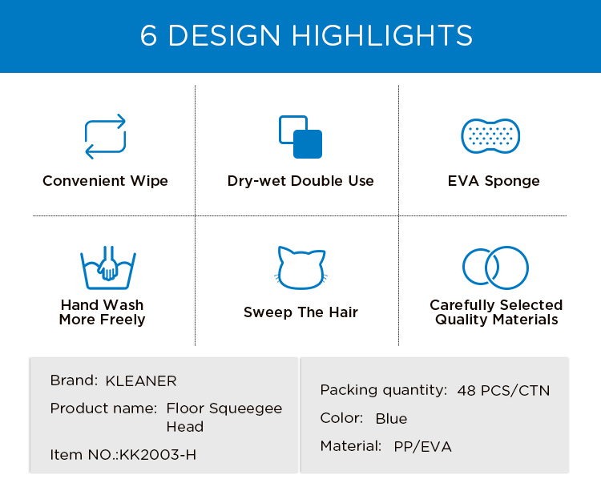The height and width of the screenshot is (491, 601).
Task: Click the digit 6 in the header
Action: (148, 35)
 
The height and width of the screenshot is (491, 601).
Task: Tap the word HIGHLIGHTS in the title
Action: (381, 35)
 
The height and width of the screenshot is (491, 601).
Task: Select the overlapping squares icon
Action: (300, 137)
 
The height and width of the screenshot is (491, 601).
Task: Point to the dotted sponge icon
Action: (490, 136)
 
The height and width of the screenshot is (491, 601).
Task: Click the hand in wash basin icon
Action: (108, 268)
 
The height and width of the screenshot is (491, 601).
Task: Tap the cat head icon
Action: (300, 268)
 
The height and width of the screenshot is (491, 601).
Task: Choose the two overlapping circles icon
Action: (495, 268)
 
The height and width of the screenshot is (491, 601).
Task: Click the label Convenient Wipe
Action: (106, 181)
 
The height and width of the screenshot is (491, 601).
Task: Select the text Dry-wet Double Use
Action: (300, 181)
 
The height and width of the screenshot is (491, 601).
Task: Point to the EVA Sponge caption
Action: (494, 181)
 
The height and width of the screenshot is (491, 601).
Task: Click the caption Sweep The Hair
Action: (300, 312)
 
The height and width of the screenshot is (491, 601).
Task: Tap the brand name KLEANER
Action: (141, 381)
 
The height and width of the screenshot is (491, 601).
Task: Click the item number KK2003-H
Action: (158, 455)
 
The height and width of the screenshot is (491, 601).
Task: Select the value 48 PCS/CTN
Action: (504, 391)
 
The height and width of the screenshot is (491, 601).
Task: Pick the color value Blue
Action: (391, 419)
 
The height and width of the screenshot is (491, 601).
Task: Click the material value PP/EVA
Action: (423, 447)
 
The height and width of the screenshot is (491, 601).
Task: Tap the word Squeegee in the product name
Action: (246, 409)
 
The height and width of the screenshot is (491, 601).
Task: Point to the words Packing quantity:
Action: (384, 391)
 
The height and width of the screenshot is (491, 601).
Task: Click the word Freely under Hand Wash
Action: (123, 320)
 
